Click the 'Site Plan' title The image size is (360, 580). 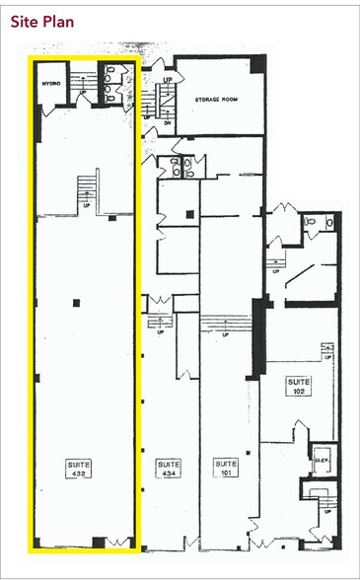[x=40, y=20]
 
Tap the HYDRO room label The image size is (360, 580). [x=50, y=85]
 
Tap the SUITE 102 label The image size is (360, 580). [x=299, y=386]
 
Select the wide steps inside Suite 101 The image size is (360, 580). [x=227, y=321]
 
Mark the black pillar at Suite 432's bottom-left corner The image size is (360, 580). [x=39, y=540]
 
